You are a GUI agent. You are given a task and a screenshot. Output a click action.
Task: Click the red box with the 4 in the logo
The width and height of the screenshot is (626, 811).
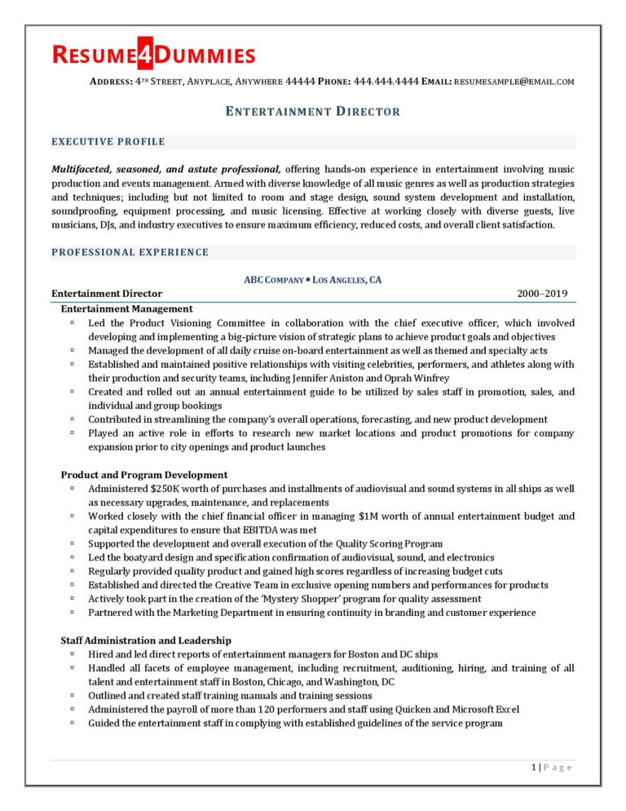[x=148, y=54]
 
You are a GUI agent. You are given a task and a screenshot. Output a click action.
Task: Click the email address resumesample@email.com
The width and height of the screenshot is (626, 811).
[x=514, y=82]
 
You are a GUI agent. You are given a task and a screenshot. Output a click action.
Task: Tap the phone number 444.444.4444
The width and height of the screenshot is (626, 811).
[x=386, y=82]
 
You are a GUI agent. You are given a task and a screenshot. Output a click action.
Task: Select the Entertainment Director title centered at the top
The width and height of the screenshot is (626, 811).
[x=313, y=111]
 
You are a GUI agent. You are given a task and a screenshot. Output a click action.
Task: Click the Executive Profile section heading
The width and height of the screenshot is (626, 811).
[x=108, y=142]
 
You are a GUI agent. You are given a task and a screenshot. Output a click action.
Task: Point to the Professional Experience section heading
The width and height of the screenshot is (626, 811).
[x=130, y=252]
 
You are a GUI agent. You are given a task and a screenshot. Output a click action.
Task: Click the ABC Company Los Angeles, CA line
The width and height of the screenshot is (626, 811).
[x=313, y=280]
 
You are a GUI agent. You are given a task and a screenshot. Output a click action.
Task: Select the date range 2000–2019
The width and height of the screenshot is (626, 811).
[x=542, y=294]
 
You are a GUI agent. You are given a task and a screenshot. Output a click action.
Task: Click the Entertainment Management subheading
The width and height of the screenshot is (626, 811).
[x=126, y=308]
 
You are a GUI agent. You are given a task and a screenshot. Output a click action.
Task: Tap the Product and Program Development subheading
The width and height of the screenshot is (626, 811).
[x=144, y=475]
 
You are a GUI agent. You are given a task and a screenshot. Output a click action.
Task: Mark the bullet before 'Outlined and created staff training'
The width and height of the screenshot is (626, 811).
[x=73, y=696]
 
